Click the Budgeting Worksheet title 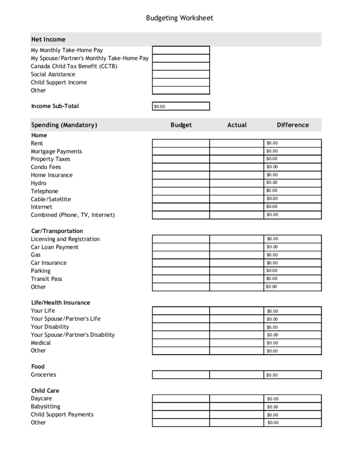180,18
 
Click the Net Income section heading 48,39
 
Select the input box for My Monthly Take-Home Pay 181,50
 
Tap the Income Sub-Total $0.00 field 181,106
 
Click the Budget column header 181,125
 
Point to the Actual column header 237,125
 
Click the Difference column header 293,125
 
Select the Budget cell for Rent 181,143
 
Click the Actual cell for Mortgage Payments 237,151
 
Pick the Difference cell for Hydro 293,183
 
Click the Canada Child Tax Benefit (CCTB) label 74,66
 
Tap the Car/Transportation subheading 57,231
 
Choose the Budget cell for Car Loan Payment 181,247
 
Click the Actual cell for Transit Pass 237,279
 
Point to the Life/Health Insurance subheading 60,303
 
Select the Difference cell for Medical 293,343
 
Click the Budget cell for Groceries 181,375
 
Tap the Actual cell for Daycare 237,399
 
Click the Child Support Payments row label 62,415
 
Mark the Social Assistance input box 181,74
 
